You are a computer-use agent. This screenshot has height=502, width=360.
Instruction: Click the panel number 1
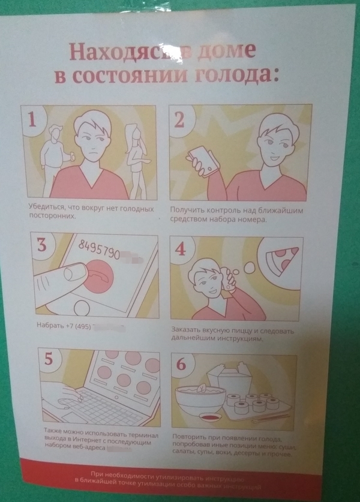34,120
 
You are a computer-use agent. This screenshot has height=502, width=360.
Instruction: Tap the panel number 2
179,120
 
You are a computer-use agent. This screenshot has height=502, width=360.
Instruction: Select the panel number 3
41,245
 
